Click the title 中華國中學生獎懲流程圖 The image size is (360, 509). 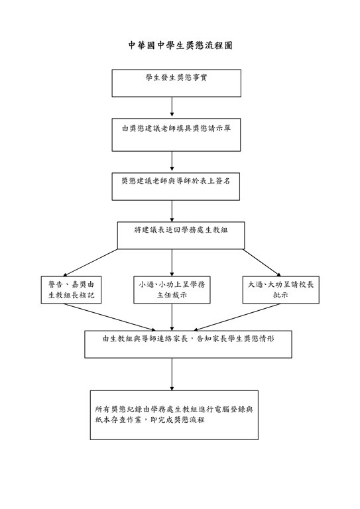[180, 46]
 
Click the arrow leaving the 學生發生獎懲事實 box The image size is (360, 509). [172, 107]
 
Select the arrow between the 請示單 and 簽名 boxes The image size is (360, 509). [172, 161]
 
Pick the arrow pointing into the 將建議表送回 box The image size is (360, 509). [172, 210]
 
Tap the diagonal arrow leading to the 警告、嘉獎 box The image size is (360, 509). [90, 263]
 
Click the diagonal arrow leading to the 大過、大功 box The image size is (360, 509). [262, 263]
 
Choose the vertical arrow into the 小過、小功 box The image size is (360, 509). [172, 263]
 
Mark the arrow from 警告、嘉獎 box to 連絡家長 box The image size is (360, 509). [105, 317]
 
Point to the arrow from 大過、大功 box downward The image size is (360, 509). [237, 317]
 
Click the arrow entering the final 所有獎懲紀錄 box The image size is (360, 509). [172, 374]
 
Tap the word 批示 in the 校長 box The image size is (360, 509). [281, 296]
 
